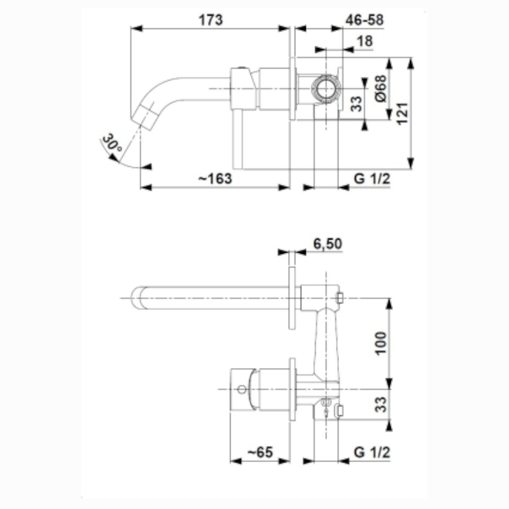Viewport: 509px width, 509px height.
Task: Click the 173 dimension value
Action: pos(211,20)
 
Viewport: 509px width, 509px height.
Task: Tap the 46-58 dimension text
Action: pos(364,20)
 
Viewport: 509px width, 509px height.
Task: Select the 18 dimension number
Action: pos(364,41)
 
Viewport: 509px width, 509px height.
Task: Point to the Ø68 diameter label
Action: pos(381,88)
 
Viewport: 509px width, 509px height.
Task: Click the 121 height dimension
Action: pos(402,114)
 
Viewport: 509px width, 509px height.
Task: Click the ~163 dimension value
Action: pos(215,179)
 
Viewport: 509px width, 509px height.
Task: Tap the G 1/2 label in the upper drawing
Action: pos(372,179)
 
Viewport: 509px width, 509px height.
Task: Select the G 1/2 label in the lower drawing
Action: pos(372,452)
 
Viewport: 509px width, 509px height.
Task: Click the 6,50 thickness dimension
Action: pos(328,243)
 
